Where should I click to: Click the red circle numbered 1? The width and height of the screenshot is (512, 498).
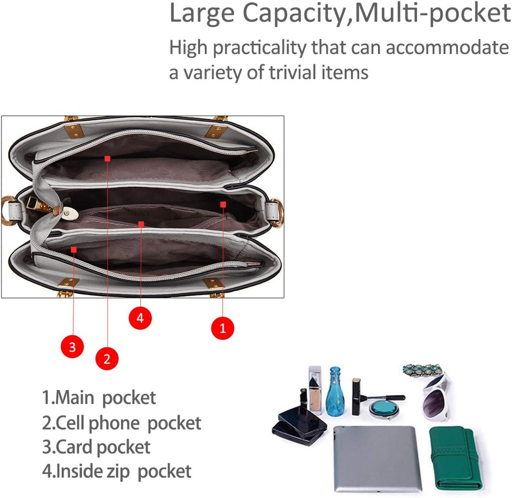tap(222, 328)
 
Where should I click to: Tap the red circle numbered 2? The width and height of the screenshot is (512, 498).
tap(107, 358)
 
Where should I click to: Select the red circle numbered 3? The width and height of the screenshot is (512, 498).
tap(72, 346)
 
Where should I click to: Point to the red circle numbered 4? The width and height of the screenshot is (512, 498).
tap(140, 317)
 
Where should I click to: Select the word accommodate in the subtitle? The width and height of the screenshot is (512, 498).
tap(447, 47)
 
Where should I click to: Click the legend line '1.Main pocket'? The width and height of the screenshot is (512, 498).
tap(99, 397)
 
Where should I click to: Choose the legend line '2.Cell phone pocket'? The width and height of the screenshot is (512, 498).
tap(121, 423)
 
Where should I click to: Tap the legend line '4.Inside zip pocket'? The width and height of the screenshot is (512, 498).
tap(116, 471)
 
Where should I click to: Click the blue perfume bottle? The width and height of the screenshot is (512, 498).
tap(335, 391)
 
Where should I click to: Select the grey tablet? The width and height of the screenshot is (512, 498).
tap(377, 458)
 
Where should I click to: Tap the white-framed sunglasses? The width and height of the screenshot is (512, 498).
tap(436, 398)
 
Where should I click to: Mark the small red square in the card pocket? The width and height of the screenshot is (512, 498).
tap(74, 250)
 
